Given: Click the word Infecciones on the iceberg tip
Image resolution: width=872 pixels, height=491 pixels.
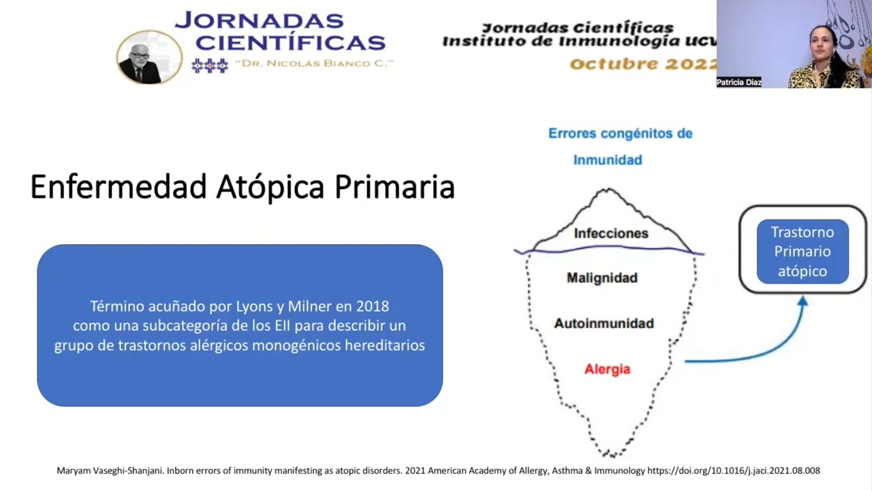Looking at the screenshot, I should (x=610, y=233).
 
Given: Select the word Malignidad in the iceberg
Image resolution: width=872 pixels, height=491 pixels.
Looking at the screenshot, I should (x=602, y=278).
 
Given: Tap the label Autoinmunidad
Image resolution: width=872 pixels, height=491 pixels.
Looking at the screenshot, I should (x=604, y=323).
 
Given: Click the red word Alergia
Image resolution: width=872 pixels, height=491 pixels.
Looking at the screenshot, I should (x=607, y=369).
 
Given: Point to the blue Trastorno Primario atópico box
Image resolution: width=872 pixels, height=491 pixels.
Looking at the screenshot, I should (x=803, y=251).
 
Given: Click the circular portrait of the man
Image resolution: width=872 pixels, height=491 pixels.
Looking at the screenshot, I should (x=149, y=57).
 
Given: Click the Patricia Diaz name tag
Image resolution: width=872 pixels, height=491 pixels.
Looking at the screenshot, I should (x=738, y=83).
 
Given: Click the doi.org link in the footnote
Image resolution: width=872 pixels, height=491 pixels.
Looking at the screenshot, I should (x=733, y=471).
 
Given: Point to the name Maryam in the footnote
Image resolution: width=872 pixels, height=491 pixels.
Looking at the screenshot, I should (x=76, y=471).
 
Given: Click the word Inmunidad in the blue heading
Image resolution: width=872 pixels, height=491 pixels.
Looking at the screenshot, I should (x=607, y=160).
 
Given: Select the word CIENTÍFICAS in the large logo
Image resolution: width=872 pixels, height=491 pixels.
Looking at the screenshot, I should (x=290, y=42).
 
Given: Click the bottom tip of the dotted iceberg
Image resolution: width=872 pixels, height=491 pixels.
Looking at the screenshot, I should (x=610, y=454).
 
